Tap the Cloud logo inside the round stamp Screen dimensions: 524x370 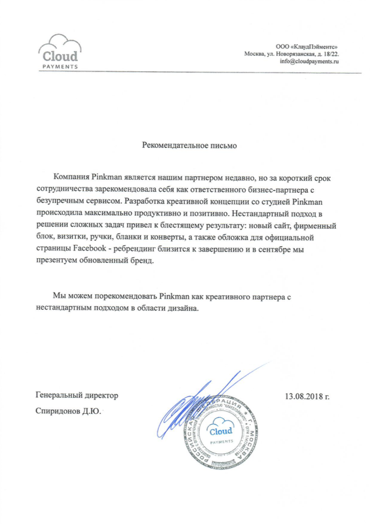click(222, 433)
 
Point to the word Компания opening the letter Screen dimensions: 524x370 click(71, 177)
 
